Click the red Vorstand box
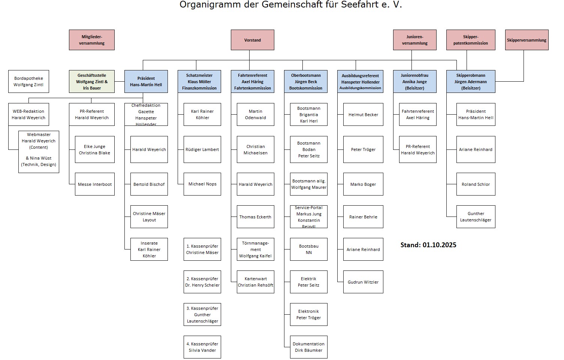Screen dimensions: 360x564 point(252,40)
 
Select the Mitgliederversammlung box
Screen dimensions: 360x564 point(92,40)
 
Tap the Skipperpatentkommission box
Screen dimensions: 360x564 point(471,40)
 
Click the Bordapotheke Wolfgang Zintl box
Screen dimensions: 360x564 point(28,82)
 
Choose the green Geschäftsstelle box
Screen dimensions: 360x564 point(92,82)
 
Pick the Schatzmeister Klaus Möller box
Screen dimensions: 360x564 point(199,82)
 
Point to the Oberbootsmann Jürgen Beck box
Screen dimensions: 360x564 point(305,82)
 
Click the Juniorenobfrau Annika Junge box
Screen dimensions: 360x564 point(414,82)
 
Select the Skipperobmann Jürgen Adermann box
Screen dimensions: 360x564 point(471,82)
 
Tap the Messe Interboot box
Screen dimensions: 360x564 point(95,184)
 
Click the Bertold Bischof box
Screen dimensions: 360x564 point(149,184)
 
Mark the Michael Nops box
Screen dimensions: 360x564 point(202,184)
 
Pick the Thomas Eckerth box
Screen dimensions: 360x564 point(255,217)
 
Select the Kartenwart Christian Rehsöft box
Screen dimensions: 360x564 point(255,282)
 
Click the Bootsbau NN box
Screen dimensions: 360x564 point(309,249)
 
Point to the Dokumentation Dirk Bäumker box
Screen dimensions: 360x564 point(309,347)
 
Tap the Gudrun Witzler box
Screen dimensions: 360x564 point(363,282)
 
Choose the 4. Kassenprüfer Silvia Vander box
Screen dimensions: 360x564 point(202,347)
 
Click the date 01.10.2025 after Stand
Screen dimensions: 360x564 point(440,245)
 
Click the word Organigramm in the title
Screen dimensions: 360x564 point(203,5)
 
